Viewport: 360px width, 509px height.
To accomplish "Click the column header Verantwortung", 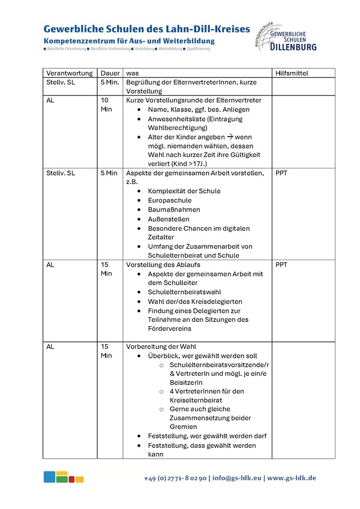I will [x=70, y=73].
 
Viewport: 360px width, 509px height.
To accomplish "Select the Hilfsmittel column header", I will [x=292, y=73].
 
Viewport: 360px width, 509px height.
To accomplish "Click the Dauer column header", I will [x=110, y=73].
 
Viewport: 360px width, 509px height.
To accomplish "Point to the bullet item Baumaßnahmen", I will [x=174, y=210].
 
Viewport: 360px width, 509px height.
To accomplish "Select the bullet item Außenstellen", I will [x=170, y=219].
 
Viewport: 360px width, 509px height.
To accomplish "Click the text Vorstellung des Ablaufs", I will [x=163, y=264].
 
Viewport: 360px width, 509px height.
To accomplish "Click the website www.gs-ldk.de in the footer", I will [x=292, y=478].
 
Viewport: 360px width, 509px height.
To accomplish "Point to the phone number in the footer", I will [x=175, y=478].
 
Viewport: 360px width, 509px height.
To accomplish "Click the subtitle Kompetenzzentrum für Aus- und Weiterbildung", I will [x=128, y=41].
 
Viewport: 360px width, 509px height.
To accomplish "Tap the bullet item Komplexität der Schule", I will [x=184, y=191].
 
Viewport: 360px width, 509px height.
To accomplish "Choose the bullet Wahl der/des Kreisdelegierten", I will [x=195, y=301].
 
